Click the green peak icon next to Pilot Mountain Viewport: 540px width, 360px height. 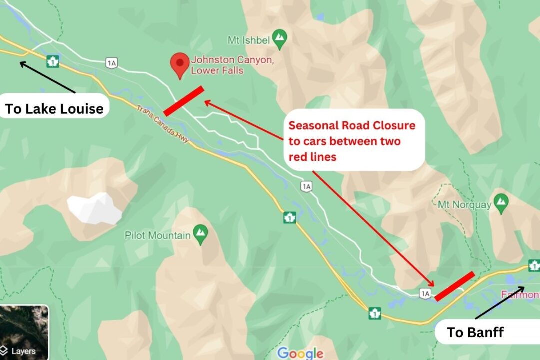pos(200,234)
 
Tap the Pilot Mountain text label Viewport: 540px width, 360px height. pos(158,235)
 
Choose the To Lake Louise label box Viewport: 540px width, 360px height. pos(54,108)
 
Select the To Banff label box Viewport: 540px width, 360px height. pos(475,332)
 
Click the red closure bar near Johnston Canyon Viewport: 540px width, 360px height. pos(184,101)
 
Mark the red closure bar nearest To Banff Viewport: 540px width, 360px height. pos(454,286)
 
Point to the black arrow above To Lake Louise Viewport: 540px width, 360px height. pos(47,77)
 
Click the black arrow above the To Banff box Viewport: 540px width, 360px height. pos(499,302)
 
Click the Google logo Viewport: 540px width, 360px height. pos(300,353)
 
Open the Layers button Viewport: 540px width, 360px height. pos(23,351)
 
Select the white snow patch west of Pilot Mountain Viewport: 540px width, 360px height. pos(95,208)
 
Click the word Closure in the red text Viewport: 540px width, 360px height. pos(394,125)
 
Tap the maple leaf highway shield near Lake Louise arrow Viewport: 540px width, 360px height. pos(52,62)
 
